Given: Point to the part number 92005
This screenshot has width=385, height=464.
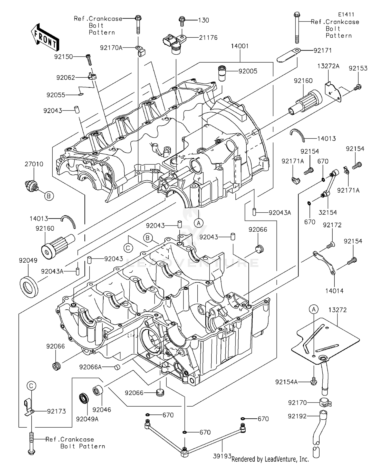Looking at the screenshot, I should pyautogui.click(x=248, y=71).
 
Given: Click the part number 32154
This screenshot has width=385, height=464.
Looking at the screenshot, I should pyautogui.click(x=328, y=212).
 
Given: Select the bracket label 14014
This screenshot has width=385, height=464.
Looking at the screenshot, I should pyautogui.click(x=334, y=291).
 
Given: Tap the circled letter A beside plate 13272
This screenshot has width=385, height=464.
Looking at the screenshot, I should pyautogui.click(x=313, y=309).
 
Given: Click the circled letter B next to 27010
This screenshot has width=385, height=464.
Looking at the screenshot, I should pyautogui.click(x=49, y=196).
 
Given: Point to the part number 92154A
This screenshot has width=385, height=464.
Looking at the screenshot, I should pyautogui.click(x=286, y=382).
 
